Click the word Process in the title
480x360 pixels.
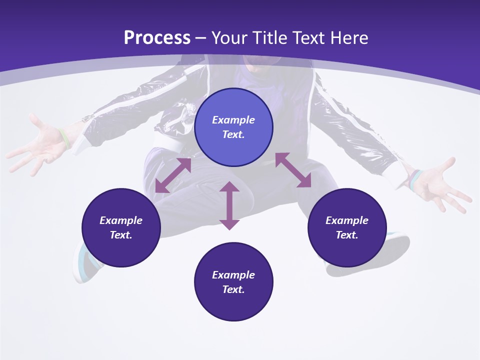coord(157,37)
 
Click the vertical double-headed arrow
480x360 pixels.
coord(229,205)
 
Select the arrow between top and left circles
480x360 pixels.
coord(173,175)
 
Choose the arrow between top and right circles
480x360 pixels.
coord(293,170)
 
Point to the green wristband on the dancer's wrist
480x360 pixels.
coord(63,138)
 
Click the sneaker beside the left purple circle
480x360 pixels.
coord(83,262)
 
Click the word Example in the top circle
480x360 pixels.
coord(233,120)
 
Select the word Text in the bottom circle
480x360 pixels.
coord(232,289)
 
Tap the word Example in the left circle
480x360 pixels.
coord(121,220)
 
